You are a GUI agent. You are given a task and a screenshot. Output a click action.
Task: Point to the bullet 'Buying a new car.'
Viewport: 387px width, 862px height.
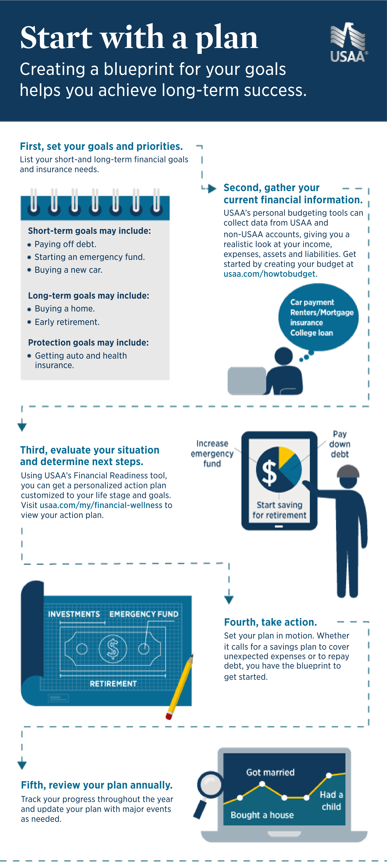click(x=68, y=270)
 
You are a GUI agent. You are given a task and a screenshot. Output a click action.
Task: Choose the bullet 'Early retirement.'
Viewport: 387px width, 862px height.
click(x=67, y=322)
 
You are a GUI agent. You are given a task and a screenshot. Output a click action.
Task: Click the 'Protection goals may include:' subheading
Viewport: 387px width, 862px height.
click(x=88, y=343)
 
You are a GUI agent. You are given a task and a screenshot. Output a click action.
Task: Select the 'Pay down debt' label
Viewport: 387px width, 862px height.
click(x=339, y=444)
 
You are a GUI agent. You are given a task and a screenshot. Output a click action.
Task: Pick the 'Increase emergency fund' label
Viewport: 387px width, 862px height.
click(x=212, y=454)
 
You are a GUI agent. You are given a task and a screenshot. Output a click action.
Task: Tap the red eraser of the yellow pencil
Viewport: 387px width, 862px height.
click(x=169, y=716)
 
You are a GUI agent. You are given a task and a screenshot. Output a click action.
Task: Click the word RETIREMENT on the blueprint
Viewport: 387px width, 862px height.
click(x=113, y=684)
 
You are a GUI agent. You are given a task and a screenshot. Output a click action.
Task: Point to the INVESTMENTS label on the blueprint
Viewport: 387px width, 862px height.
click(x=74, y=614)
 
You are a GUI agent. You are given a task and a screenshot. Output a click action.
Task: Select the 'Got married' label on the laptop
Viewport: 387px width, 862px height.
click(x=270, y=772)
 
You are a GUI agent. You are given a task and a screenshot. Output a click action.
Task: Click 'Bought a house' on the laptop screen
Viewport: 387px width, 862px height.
click(x=262, y=815)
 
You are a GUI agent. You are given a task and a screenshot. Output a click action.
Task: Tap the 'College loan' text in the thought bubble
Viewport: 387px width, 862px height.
click(x=311, y=333)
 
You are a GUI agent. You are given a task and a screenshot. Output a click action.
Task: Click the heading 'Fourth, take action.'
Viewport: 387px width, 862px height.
click(x=270, y=622)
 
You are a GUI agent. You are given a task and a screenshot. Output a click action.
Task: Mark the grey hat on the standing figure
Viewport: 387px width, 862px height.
click(x=348, y=471)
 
